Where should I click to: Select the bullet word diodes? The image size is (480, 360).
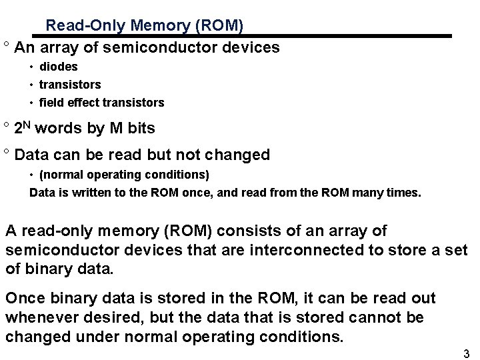[59, 67]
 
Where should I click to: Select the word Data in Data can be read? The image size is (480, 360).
[30, 155]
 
